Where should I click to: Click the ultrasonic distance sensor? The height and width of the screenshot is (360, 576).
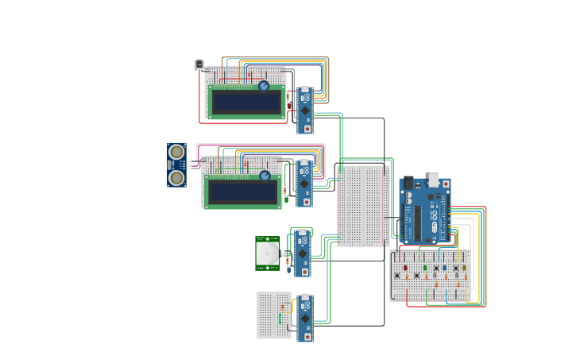pyautogui.click(x=176, y=165)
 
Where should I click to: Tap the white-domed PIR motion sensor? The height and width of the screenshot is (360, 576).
pyautogui.click(x=268, y=254)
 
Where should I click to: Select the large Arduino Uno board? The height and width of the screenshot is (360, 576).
pyautogui.click(x=424, y=210)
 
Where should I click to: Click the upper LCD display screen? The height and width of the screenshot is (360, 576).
pyautogui.click(x=246, y=102)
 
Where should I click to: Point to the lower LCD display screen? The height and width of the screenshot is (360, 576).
pyautogui.click(x=242, y=192)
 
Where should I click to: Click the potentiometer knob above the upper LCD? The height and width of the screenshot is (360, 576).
pyautogui.click(x=264, y=86)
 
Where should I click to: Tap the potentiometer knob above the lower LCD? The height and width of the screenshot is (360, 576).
pyautogui.click(x=265, y=176)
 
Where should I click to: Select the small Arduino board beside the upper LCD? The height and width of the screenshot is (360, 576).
pyautogui.click(x=305, y=110)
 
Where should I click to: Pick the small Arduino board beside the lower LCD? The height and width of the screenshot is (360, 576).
pyautogui.click(x=303, y=184)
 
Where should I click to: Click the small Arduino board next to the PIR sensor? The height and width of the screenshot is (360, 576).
pyautogui.click(x=302, y=254)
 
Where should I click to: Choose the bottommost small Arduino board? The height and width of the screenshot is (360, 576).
pyautogui.click(x=304, y=319)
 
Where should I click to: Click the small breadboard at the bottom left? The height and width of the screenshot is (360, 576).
pyautogui.click(x=274, y=315)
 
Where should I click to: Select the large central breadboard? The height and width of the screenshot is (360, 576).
pyautogui.click(x=363, y=206)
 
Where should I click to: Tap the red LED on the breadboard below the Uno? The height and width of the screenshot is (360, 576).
pyautogui.click(x=405, y=269)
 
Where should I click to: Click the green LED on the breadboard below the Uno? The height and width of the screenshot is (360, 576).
pyautogui.click(x=425, y=269)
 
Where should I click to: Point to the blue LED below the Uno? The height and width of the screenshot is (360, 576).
pyautogui.click(x=445, y=269)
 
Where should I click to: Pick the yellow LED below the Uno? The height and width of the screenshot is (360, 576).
pyautogui.click(x=464, y=269)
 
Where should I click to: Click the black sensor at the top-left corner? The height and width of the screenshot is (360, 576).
pyautogui.click(x=199, y=64)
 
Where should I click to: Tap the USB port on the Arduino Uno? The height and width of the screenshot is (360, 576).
pyautogui.click(x=434, y=179)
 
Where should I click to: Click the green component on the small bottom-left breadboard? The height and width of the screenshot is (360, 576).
pyautogui.click(x=280, y=308)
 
